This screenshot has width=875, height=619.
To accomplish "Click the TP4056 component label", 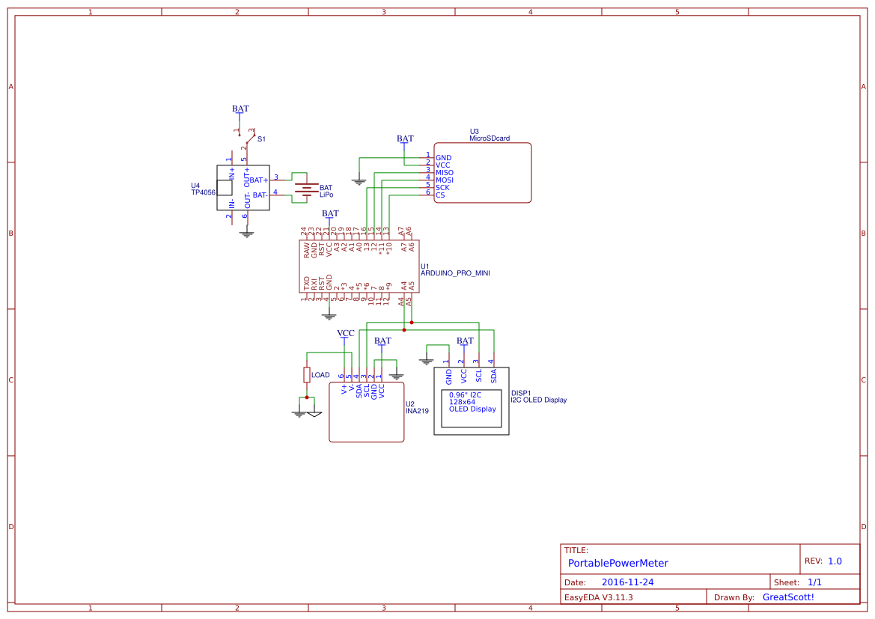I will click(x=203, y=192).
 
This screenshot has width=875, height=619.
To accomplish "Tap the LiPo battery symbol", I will click(x=304, y=191).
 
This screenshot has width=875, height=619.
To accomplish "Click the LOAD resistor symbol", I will click(x=307, y=374).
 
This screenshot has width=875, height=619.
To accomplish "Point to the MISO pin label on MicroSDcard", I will click(x=445, y=173).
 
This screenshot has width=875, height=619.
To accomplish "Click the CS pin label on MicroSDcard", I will click(x=440, y=195).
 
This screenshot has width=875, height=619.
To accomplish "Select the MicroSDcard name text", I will click(x=490, y=138).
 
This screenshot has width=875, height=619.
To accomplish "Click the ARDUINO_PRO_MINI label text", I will click(x=455, y=273).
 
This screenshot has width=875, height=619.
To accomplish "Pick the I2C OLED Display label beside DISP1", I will click(x=538, y=400).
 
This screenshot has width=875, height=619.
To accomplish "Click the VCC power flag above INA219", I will click(x=345, y=334).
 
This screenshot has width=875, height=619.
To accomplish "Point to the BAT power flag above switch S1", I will click(x=240, y=109).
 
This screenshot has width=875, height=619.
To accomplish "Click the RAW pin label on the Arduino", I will click(x=306, y=251).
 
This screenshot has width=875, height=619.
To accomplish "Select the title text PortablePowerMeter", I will click(x=618, y=563).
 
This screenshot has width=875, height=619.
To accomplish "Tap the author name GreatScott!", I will click(x=787, y=597).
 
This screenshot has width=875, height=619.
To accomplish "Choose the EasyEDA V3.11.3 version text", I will click(x=598, y=597).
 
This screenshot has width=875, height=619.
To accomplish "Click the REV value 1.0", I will click(x=835, y=561).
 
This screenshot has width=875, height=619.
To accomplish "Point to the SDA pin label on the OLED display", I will click(x=493, y=376).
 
